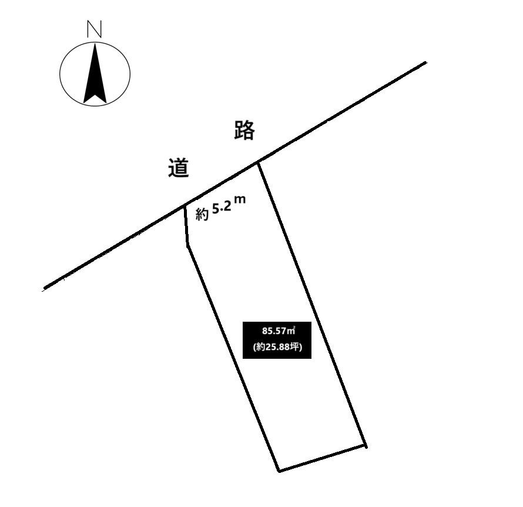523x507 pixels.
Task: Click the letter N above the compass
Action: [x=94, y=29]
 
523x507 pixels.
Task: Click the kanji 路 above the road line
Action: [x=244, y=130]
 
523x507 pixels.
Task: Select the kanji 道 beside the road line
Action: [x=179, y=167]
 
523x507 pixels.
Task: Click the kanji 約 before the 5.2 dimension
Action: [x=202, y=214]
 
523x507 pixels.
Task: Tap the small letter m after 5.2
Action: [x=240, y=199]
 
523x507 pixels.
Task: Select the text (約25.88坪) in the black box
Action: [x=277, y=347]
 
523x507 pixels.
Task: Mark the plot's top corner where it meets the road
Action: [x=258, y=162]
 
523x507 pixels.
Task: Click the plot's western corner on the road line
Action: [x=185, y=206]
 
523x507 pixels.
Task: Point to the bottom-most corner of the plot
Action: [x=279, y=471]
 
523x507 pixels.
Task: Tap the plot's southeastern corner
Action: [x=366, y=446]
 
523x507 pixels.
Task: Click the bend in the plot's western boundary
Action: [x=187, y=246]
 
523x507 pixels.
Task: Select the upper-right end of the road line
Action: [x=425, y=62]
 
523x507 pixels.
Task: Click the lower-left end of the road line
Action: [x=44, y=288]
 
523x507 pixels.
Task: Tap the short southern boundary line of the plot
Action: [x=322, y=459]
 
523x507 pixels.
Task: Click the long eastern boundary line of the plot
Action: [x=312, y=305]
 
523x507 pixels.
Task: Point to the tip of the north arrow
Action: [x=95, y=44]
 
